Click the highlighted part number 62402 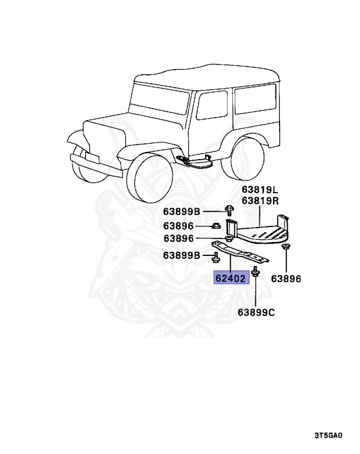coord(231,277)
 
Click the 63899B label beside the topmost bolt coord(182,212)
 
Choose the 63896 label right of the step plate coord(286,278)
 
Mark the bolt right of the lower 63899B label coord(214,257)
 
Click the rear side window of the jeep coord(255,104)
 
